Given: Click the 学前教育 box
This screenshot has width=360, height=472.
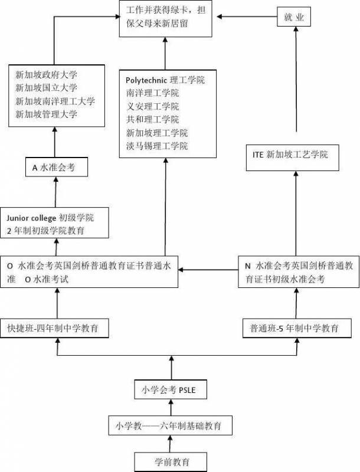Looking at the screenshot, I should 172,460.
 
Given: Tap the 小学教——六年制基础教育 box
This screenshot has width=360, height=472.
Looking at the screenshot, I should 172,425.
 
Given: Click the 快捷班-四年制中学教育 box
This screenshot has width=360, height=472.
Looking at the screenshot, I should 57,327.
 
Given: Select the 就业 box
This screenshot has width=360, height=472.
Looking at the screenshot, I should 293,18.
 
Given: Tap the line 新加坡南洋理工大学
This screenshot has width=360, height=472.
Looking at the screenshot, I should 55,101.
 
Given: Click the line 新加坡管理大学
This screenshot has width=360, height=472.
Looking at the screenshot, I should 47,114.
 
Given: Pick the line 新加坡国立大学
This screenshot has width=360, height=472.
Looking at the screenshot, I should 47,88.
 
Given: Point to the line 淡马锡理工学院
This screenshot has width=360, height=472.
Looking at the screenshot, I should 157,146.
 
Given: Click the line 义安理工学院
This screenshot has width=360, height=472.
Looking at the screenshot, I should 152,106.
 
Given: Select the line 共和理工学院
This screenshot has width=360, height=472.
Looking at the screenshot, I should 152,119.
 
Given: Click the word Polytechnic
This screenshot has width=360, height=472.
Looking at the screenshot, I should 146,80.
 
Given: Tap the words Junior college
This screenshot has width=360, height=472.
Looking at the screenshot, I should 32,218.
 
